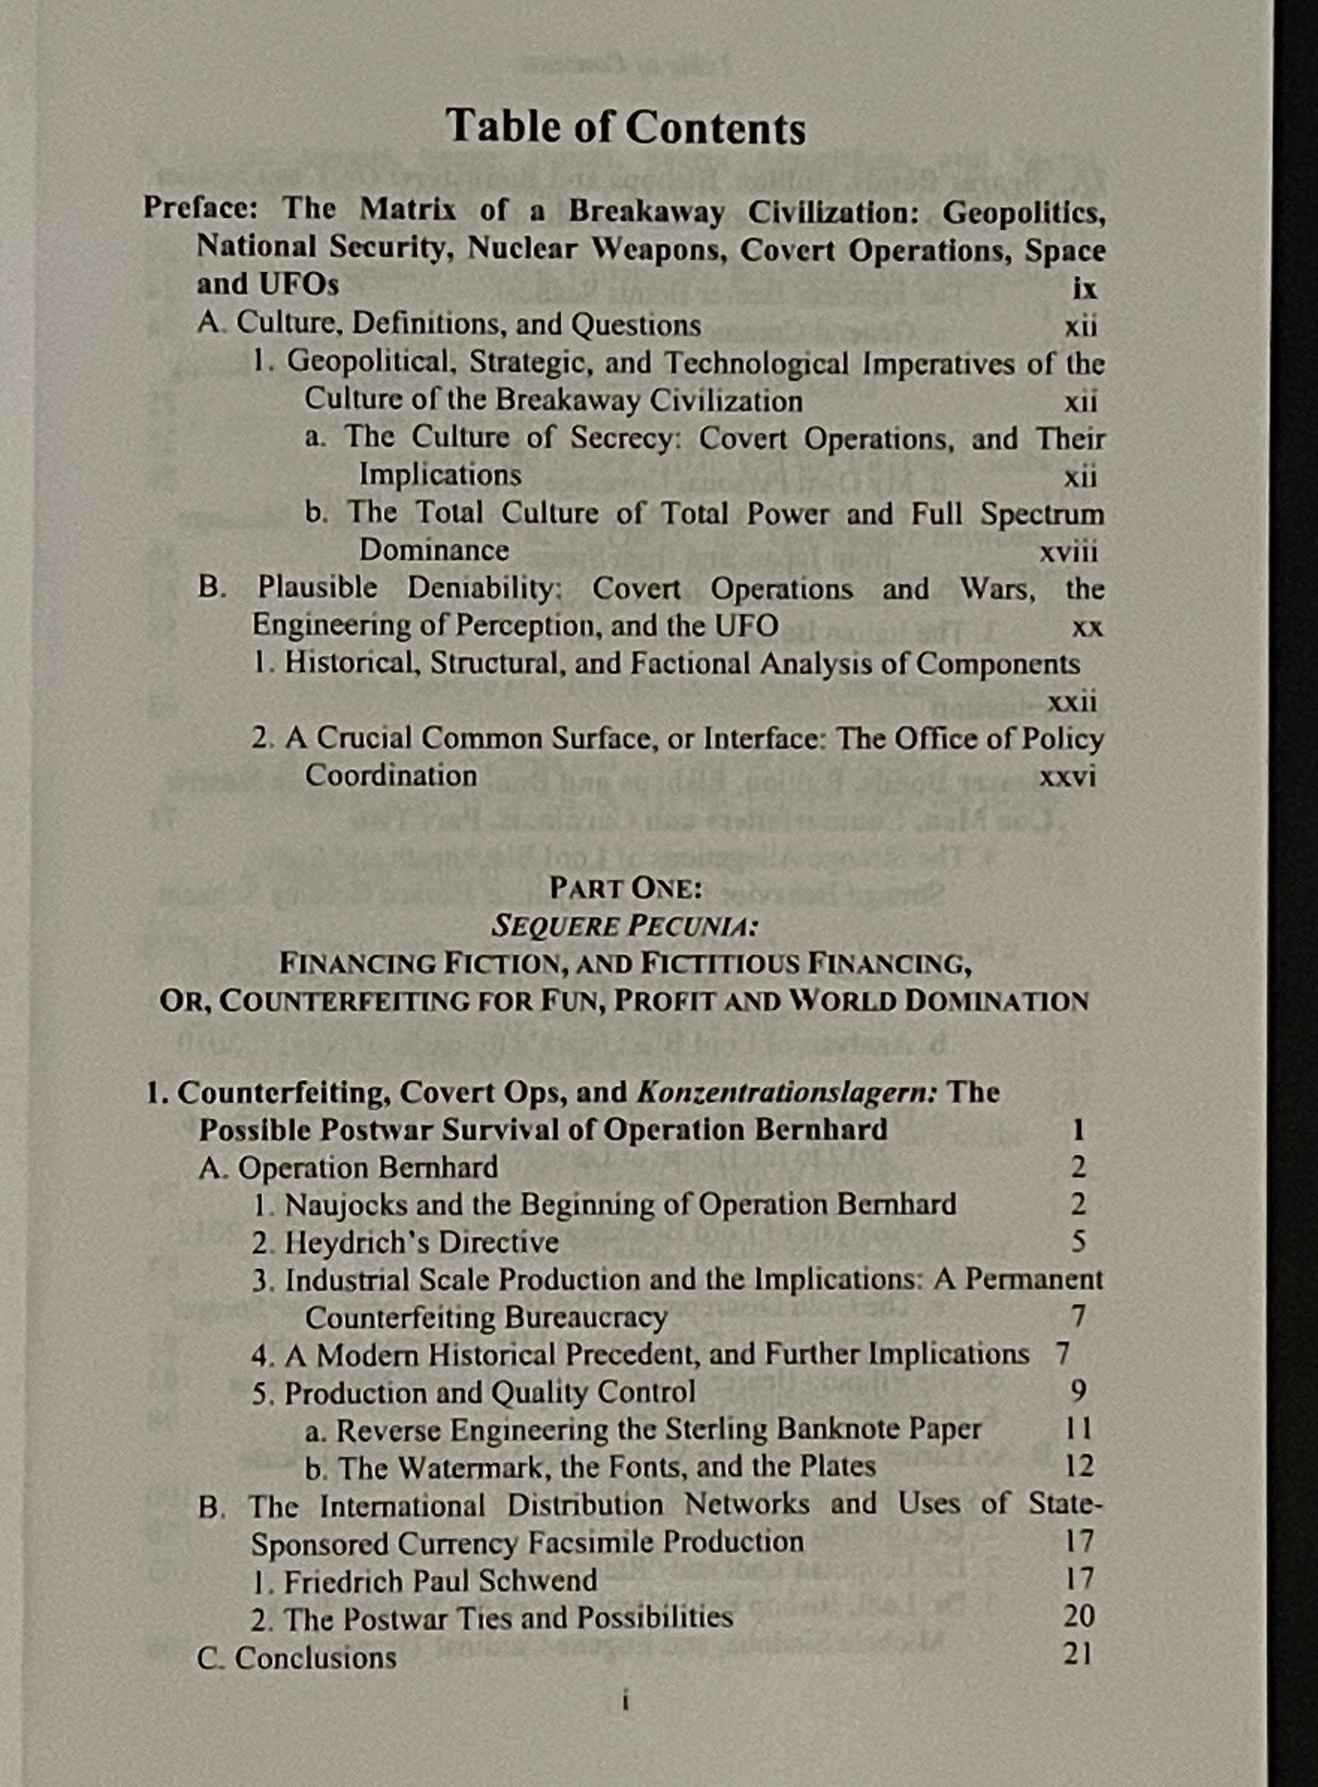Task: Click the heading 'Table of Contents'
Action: [626, 128]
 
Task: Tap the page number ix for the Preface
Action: [1084, 288]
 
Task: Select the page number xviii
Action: [1068, 552]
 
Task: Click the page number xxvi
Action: [1067, 776]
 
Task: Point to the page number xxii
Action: [1072, 701]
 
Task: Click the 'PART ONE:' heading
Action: [625, 888]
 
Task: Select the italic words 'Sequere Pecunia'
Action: [625, 926]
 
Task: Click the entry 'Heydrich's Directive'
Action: [421, 1242]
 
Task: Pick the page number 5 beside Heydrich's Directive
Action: [1078, 1242]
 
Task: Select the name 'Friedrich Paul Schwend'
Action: [441, 1581]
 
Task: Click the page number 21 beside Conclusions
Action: [1077, 1655]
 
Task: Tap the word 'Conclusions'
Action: [316, 1657]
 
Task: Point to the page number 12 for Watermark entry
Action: [1078, 1466]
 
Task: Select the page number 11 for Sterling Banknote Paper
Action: [1078, 1429]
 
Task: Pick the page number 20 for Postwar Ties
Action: [1078, 1616]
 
